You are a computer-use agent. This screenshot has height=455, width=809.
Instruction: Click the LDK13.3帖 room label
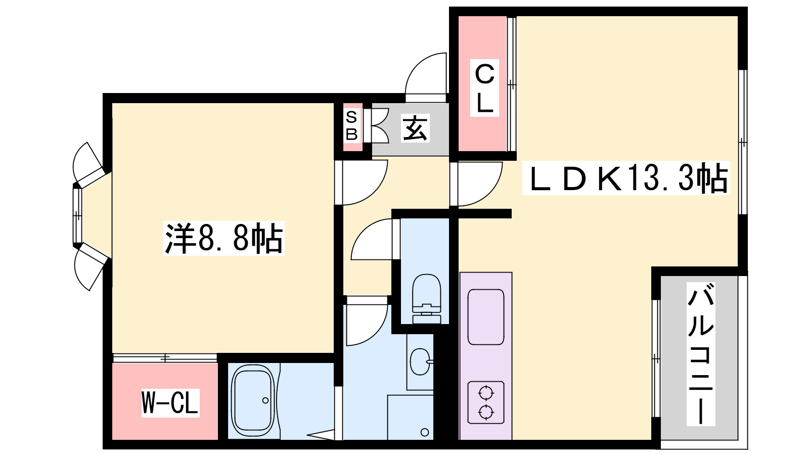(x=626, y=178)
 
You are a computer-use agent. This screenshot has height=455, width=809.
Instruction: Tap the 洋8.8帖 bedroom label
(x=224, y=238)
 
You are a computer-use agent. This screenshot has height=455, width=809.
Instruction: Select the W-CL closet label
(x=170, y=402)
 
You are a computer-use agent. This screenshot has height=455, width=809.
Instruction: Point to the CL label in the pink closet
(x=484, y=88)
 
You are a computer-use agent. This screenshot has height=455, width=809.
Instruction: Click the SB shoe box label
(x=351, y=126)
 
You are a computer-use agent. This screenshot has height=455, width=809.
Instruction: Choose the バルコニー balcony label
(x=701, y=354)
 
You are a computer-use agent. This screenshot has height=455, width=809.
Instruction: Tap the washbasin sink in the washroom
(x=421, y=361)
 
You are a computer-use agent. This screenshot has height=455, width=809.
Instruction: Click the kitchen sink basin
(x=486, y=317)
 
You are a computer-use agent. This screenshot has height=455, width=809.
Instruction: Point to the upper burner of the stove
(x=486, y=393)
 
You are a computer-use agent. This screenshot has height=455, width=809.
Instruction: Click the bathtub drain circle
(x=265, y=400)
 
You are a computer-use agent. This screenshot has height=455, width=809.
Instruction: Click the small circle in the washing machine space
(x=425, y=432)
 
